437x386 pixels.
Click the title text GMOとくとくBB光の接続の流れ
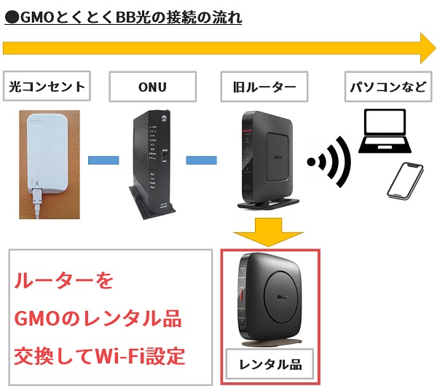coord(124,15)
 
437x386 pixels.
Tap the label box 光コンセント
coord(47,87)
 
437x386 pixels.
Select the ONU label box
coord(152,87)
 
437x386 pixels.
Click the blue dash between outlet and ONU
coord(103,158)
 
